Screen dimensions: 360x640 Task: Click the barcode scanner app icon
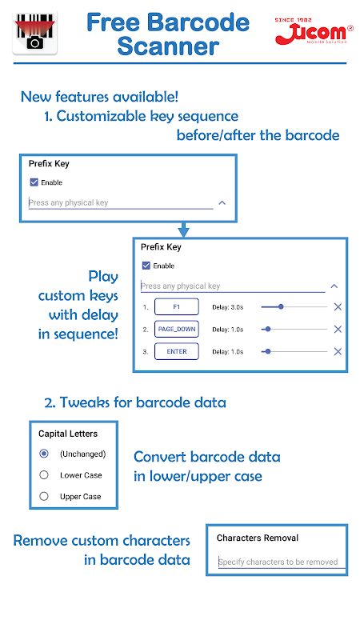35,32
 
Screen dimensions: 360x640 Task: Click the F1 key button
176,307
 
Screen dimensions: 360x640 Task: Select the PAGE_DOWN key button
176,330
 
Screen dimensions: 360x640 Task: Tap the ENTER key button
176,351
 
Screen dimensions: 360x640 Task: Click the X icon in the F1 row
338,307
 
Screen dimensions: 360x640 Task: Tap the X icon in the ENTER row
338,351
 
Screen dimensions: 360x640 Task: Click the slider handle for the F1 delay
281,307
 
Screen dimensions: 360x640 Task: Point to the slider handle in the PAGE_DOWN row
268,330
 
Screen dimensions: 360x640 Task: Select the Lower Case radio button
44,475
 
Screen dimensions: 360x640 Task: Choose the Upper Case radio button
44,496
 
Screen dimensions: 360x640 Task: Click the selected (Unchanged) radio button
44,454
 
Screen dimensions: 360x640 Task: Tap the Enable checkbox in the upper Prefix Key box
34,182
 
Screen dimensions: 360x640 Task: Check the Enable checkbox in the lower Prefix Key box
146,266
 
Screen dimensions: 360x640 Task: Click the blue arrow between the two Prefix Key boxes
184,230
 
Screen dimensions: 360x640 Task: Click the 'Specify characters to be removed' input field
282,562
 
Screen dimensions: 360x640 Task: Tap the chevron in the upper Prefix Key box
222,202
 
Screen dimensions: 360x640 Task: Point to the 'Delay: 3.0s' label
228,307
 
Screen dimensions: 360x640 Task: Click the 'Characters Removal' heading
258,538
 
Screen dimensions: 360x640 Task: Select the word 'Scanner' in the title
168,46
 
